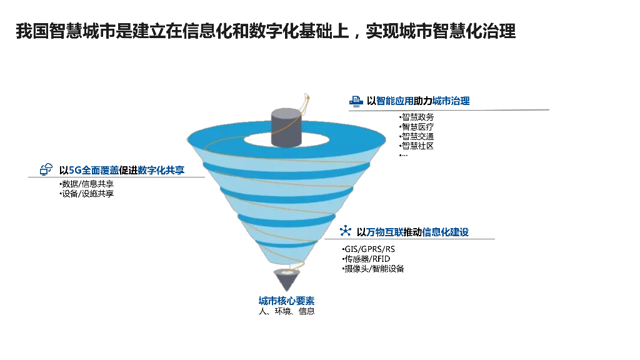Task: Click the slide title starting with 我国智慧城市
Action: coord(266,32)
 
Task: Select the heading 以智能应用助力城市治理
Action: coord(418,101)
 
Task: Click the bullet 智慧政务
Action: coord(417,117)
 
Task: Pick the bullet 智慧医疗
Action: coord(417,127)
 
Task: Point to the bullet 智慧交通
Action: coord(417,136)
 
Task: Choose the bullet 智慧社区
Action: coord(417,146)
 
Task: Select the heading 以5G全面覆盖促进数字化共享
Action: coord(122,169)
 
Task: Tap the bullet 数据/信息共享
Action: coord(86,184)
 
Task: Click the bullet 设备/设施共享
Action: coord(86,194)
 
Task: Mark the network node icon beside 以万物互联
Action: coord(345,231)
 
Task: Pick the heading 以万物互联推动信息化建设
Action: coord(412,232)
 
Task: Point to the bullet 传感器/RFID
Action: coord(366,259)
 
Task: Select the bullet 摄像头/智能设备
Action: coord(373,269)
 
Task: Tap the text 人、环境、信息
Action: coord(286,311)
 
